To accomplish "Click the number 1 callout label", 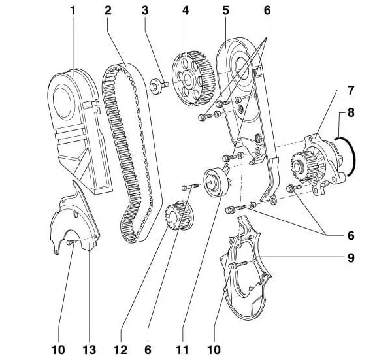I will point(73,11).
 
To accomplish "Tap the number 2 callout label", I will point(108,11).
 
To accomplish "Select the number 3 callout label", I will point(145,11).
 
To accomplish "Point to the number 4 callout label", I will point(186,11).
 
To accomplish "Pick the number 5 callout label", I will point(225,11).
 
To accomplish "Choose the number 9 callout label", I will point(351,258).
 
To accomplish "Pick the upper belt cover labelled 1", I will point(75,124).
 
